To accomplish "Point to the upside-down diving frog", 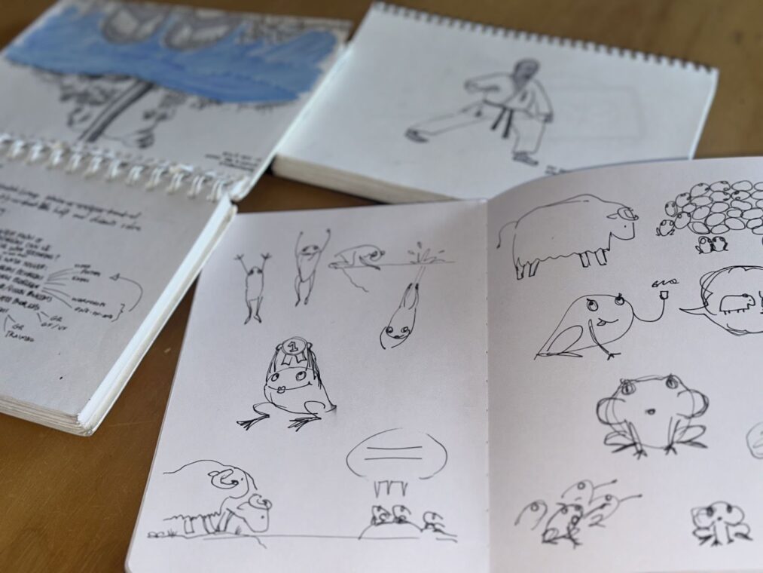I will [400, 317].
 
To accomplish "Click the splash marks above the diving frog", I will [419, 252].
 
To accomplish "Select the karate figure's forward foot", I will [414, 136].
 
